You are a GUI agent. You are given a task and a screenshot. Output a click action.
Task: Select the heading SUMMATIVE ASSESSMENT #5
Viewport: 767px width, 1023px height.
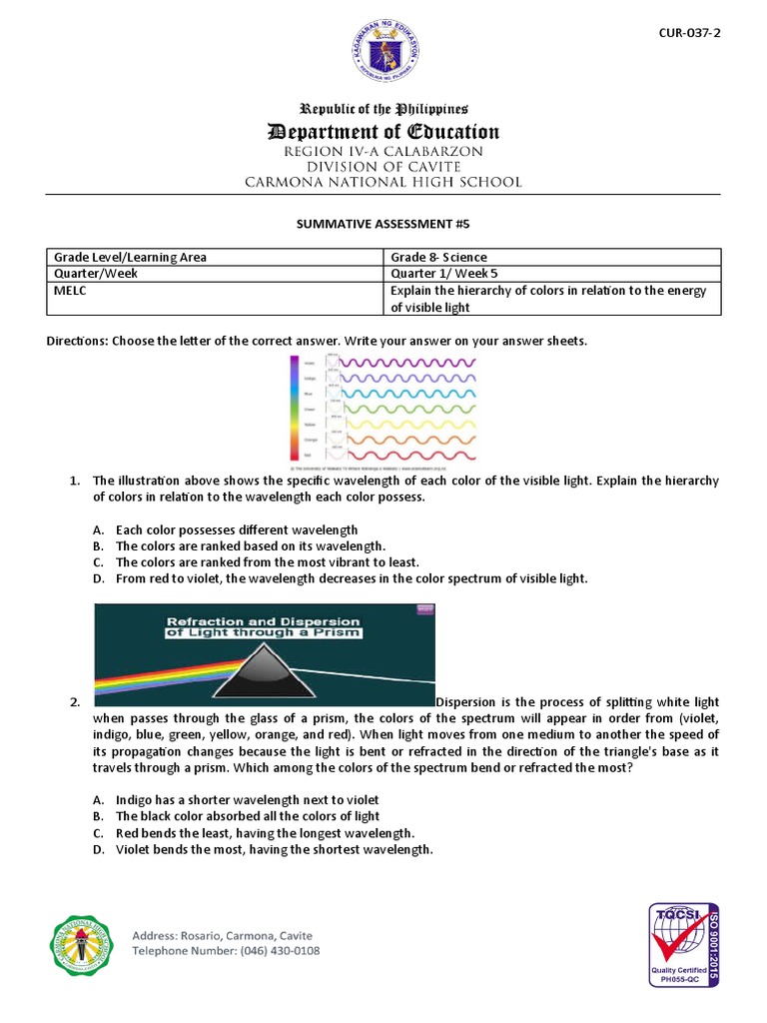click(383, 225)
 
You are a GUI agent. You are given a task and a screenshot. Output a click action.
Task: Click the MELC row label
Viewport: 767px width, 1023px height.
click(69, 291)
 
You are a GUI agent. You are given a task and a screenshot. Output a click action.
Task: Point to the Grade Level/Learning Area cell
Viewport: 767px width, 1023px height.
click(130, 257)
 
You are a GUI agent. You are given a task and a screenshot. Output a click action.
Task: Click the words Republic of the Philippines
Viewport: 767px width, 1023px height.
click(383, 109)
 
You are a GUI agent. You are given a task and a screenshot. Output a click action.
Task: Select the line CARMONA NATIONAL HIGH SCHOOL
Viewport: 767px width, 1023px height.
click(383, 182)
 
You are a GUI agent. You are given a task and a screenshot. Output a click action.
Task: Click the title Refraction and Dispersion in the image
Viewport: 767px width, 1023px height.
click(264, 625)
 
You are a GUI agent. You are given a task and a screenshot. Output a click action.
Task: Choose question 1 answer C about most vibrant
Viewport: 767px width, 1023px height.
click(267, 562)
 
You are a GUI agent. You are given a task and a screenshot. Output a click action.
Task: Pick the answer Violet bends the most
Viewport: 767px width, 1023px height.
click(274, 849)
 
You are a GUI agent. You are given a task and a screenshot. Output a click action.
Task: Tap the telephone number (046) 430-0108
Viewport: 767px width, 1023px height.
click(226, 950)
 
